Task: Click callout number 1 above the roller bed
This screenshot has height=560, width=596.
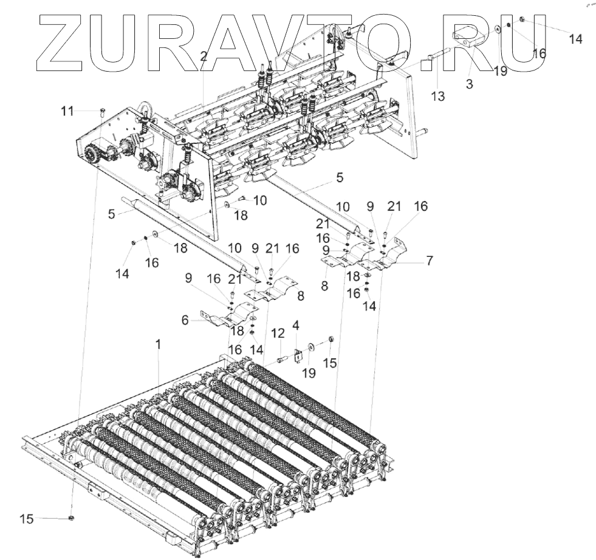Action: click(159, 344)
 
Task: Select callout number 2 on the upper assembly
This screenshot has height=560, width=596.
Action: click(204, 56)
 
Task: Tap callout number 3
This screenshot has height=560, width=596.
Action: click(469, 84)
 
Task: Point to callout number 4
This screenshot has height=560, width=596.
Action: click(296, 326)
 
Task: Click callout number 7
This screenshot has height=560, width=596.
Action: click(429, 261)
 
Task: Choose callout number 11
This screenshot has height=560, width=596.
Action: click(67, 111)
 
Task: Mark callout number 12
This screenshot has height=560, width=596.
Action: click(278, 333)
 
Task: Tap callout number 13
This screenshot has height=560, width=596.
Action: click(437, 95)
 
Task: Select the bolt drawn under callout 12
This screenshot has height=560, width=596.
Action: click(282, 360)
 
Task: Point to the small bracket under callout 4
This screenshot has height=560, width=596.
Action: click(298, 355)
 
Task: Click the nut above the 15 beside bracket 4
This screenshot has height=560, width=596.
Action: click(332, 339)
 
